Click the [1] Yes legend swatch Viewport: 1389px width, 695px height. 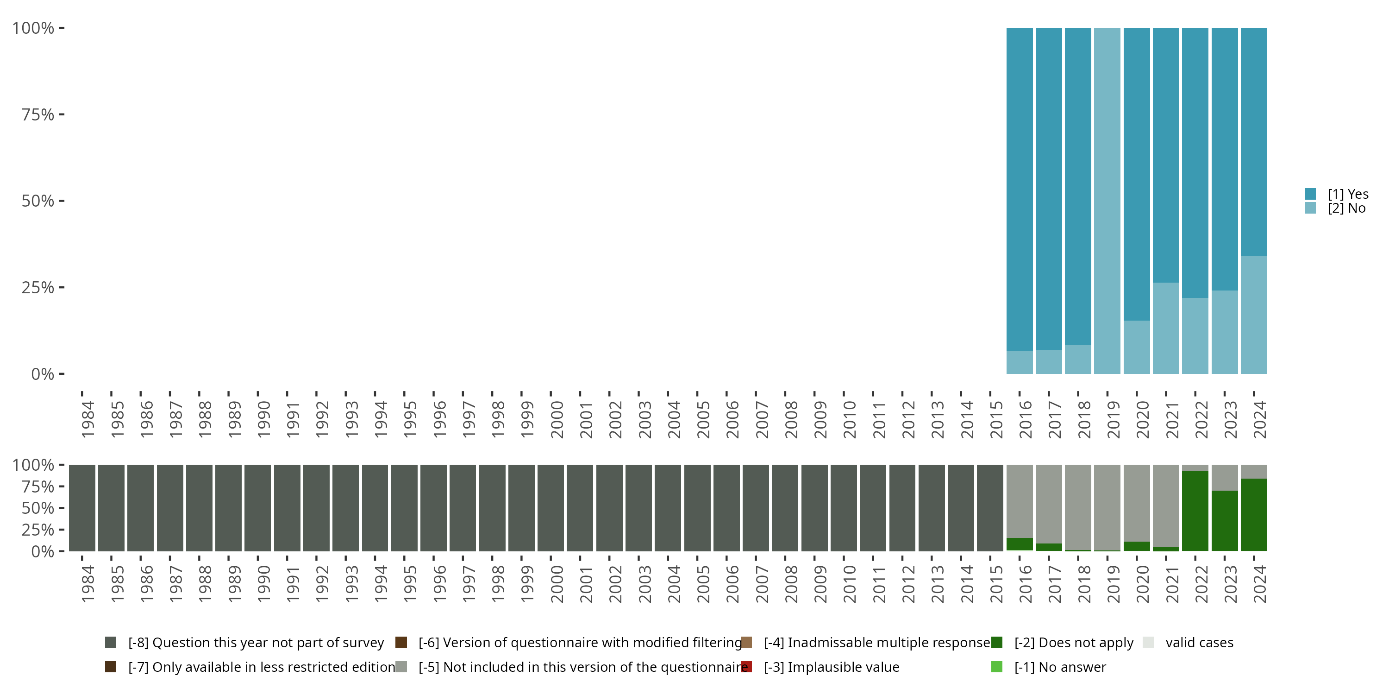1310,194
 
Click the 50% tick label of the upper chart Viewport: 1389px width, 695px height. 38,201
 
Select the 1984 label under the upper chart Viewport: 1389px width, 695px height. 88,419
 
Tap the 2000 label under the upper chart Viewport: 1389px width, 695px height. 557,419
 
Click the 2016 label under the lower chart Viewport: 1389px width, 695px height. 1025,584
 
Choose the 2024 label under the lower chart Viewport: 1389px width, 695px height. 1259,584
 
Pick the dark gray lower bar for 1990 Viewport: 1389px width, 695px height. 258,508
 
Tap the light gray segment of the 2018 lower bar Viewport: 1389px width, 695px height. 1078,507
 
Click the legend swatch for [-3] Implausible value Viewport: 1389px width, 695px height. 746,667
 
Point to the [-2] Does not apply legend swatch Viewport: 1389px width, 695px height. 996,643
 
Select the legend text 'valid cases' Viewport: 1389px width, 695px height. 1199,643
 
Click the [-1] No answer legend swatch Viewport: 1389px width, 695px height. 996,667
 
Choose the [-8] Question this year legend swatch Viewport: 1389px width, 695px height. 111,643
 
